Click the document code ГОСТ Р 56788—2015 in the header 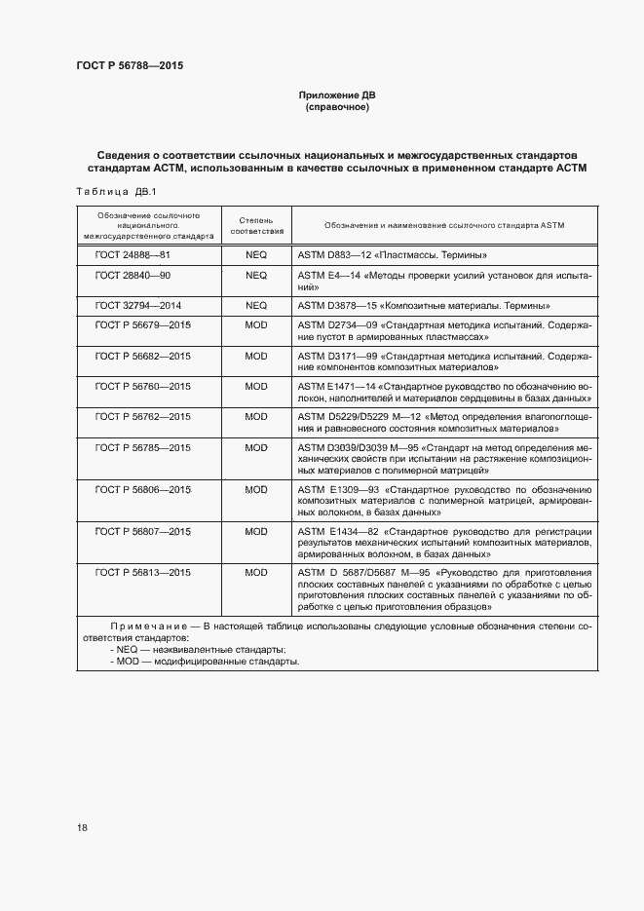(x=130, y=66)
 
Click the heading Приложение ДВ (x=336, y=95)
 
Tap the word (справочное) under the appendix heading (x=336, y=107)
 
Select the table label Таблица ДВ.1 (x=108, y=191)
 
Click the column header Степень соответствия (x=256, y=226)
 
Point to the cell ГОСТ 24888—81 (x=133, y=254)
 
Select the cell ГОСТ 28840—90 (x=133, y=276)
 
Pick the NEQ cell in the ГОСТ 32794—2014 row (x=256, y=305)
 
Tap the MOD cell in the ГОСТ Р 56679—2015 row (x=256, y=323)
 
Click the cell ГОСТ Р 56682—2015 (x=143, y=356)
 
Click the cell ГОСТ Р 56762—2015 (x=143, y=416)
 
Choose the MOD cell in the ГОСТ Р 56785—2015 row (x=256, y=447)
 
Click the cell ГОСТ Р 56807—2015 (x=143, y=531)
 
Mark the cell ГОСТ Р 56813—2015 (x=143, y=572)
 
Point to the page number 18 (x=82, y=827)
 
